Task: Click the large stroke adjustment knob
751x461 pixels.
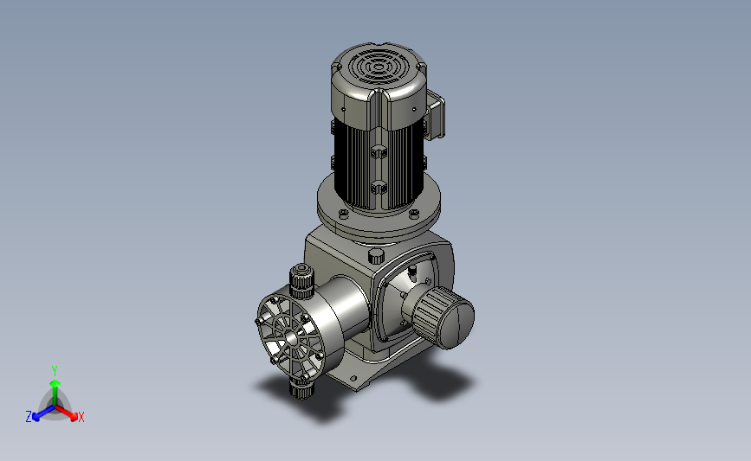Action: [x=443, y=317]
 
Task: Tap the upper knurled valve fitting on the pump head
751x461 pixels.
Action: [x=301, y=281]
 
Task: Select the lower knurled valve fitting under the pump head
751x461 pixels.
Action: [x=301, y=387]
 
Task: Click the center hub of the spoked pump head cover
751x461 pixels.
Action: [x=291, y=336]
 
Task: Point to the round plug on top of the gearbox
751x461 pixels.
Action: [x=377, y=256]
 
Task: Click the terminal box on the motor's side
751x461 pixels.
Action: [x=436, y=115]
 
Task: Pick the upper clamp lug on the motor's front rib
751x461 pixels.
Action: [x=379, y=152]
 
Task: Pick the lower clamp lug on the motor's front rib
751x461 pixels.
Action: [x=379, y=187]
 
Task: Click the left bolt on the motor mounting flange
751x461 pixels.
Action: [x=343, y=214]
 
